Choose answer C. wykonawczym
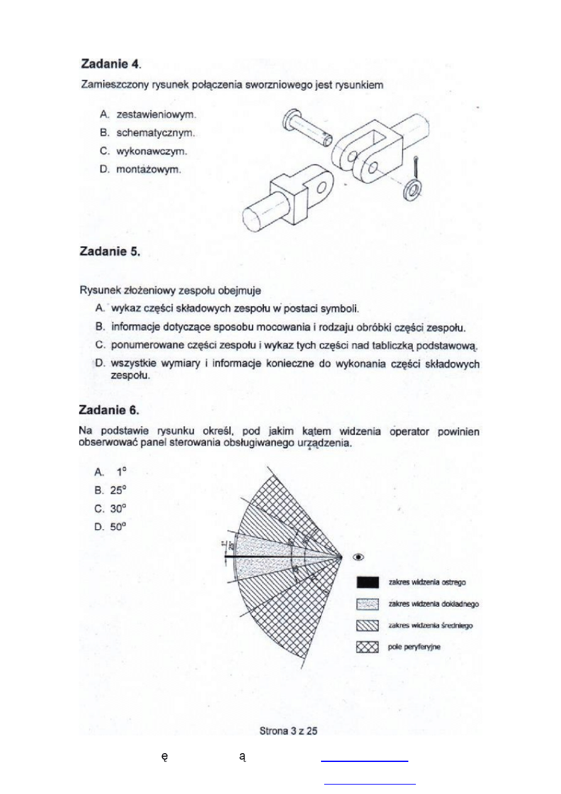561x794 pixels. click(x=144, y=152)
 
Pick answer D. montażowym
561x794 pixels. click(x=141, y=170)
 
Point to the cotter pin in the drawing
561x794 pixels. click(x=417, y=168)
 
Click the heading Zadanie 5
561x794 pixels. click(x=109, y=252)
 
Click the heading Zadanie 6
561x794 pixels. click(x=109, y=410)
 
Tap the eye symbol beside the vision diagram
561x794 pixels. click(x=359, y=556)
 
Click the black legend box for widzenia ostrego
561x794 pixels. click(x=367, y=582)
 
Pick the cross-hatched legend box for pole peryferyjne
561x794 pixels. click(x=367, y=647)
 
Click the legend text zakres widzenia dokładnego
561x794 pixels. click(x=434, y=604)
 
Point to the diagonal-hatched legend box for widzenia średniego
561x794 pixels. click(x=367, y=625)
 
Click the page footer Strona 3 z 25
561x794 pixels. click(x=288, y=731)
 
